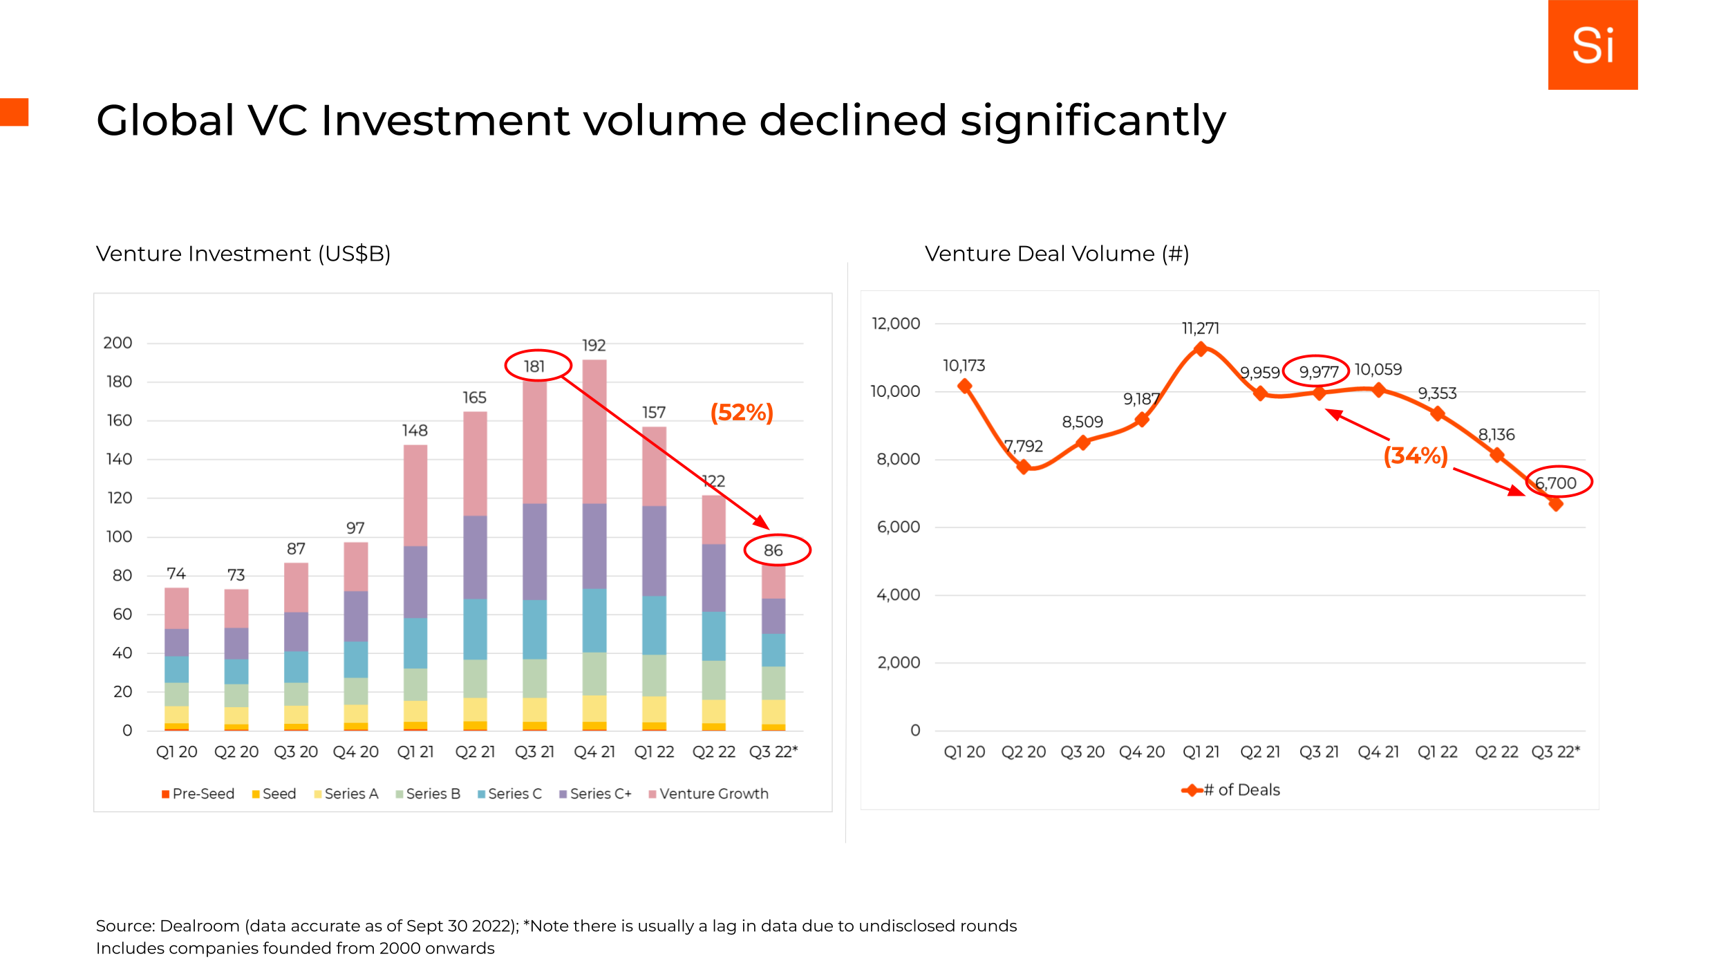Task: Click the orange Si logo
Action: click(x=1592, y=45)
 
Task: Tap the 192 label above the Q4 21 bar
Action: click(x=594, y=345)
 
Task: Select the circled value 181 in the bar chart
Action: click(x=534, y=366)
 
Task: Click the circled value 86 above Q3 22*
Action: click(x=773, y=550)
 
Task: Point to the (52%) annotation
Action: click(x=742, y=413)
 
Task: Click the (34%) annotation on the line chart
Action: click(x=1416, y=456)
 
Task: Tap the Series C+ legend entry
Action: click(x=596, y=794)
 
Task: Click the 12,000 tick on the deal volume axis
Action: click(x=896, y=324)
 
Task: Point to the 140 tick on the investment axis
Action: click(x=119, y=459)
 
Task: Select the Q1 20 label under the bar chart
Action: click(x=176, y=751)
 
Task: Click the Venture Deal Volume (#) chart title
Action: click(x=1056, y=254)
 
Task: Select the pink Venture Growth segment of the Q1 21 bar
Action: click(x=415, y=495)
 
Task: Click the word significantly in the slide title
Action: click(x=1093, y=121)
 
